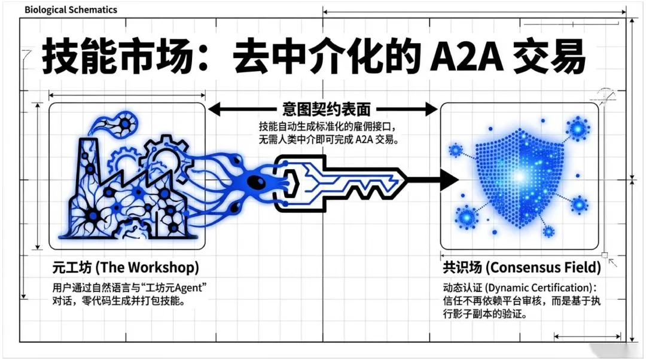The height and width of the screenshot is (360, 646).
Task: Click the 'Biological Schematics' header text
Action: tap(71, 10)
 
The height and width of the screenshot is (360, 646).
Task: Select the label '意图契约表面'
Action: tap(326, 109)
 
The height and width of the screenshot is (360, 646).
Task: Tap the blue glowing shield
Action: tap(517, 177)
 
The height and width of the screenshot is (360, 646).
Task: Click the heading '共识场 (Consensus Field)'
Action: tap(521, 267)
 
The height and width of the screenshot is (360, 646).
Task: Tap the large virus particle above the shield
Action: tap(578, 129)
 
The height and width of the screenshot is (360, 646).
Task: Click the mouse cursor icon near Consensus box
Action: tap(613, 262)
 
